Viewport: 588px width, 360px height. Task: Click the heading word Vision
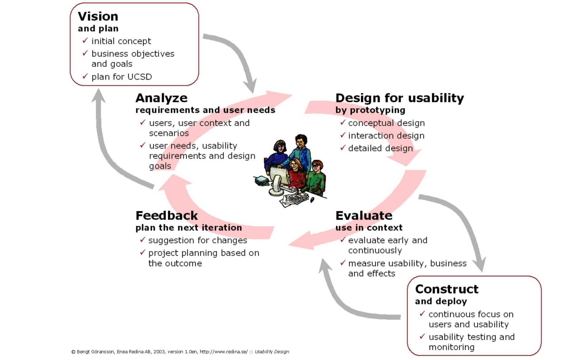pos(98,16)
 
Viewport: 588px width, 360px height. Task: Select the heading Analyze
pos(161,98)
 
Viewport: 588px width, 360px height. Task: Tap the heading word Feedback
pos(167,215)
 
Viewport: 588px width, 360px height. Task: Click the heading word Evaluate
pos(364,215)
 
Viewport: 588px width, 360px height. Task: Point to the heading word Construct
pos(447,289)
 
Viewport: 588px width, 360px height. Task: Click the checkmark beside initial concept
pos(85,41)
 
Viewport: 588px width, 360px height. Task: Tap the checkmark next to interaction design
pos(343,135)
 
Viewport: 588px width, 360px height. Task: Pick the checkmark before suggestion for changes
pos(143,240)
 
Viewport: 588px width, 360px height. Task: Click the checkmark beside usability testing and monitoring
pos(423,336)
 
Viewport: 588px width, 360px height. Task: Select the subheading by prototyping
pos(370,110)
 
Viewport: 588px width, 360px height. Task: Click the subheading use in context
pos(369,228)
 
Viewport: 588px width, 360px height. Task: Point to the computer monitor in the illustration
pos(279,177)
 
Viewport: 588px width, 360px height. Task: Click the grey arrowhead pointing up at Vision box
pos(99,96)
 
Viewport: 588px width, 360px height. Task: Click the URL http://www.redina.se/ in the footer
pos(224,352)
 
